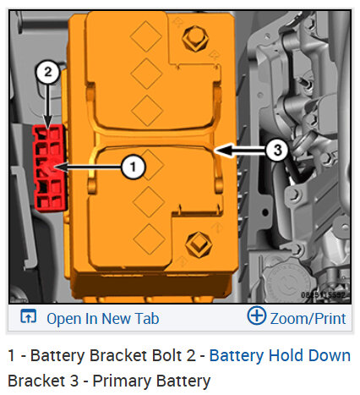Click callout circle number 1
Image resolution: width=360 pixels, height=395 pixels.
[x=134, y=167]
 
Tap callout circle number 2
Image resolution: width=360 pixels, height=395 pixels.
[x=47, y=72]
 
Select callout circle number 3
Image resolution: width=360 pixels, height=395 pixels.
[x=277, y=150]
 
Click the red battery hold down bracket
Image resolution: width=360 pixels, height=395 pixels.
[x=49, y=168]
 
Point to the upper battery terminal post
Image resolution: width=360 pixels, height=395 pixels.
[x=195, y=38]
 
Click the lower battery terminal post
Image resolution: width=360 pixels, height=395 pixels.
[x=199, y=244]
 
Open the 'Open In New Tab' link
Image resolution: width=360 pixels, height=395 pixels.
[x=103, y=319]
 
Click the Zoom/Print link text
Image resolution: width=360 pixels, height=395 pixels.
[x=308, y=319]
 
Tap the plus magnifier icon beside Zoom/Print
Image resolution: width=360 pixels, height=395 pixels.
[x=257, y=315]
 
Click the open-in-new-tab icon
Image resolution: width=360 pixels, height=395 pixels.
[x=29, y=315]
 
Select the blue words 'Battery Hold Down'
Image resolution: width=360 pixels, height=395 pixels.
[x=280, y=355]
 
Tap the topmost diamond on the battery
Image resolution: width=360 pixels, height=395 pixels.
[x=146, y=36]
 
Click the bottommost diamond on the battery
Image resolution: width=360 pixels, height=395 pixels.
[x=150, y=239]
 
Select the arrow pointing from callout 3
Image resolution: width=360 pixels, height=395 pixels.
[x=240, y=151]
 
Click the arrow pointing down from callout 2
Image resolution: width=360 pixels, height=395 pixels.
[x=47, y=107]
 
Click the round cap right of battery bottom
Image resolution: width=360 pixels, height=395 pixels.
[x=286, y=282]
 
